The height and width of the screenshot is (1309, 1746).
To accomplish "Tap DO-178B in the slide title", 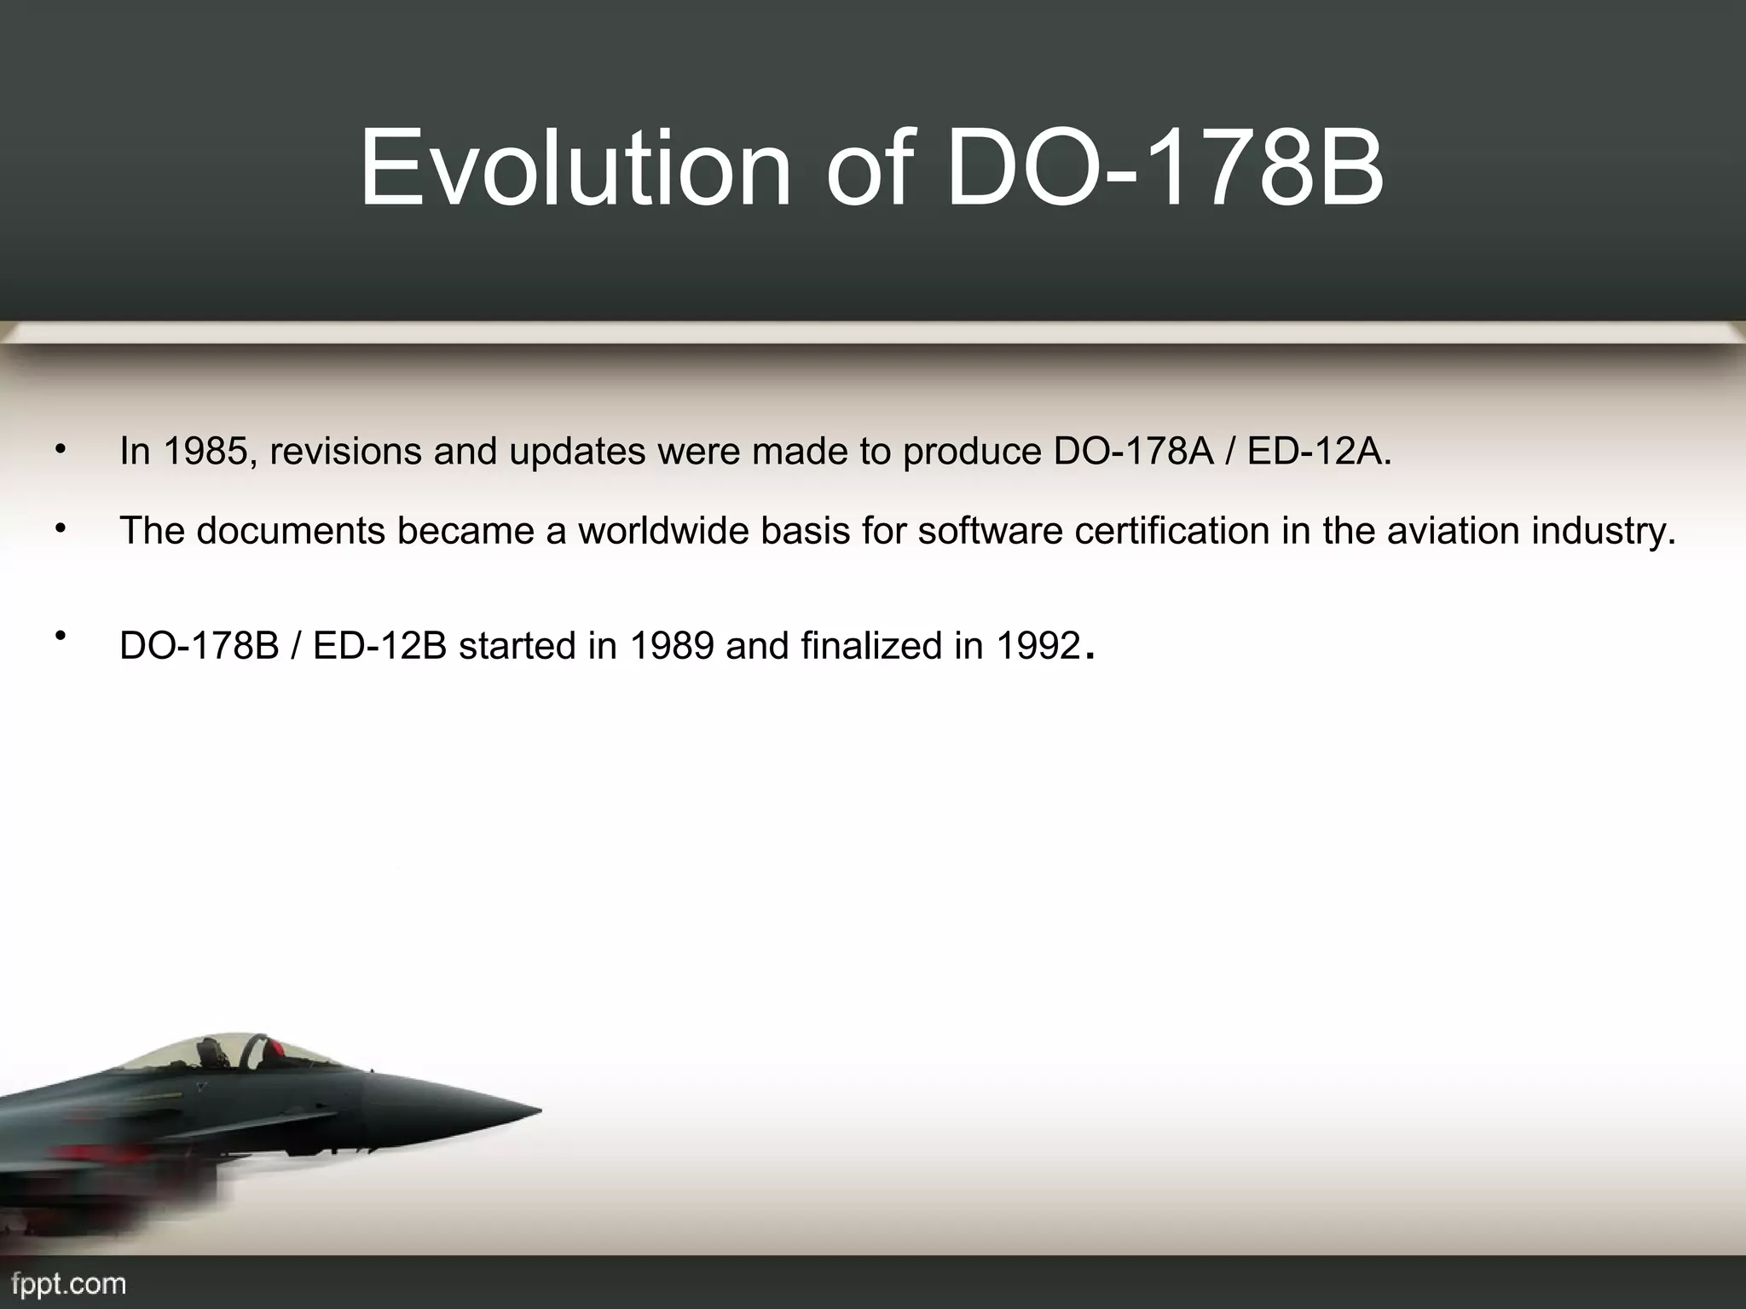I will pos(1165,168).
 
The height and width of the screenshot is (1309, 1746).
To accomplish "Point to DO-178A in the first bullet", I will pos(1133,452).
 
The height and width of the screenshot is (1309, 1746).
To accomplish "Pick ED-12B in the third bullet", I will pos(380,646).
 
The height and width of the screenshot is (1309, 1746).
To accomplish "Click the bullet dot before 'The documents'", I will pos(60,529).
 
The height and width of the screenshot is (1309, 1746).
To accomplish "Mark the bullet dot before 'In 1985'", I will pos(60,449).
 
